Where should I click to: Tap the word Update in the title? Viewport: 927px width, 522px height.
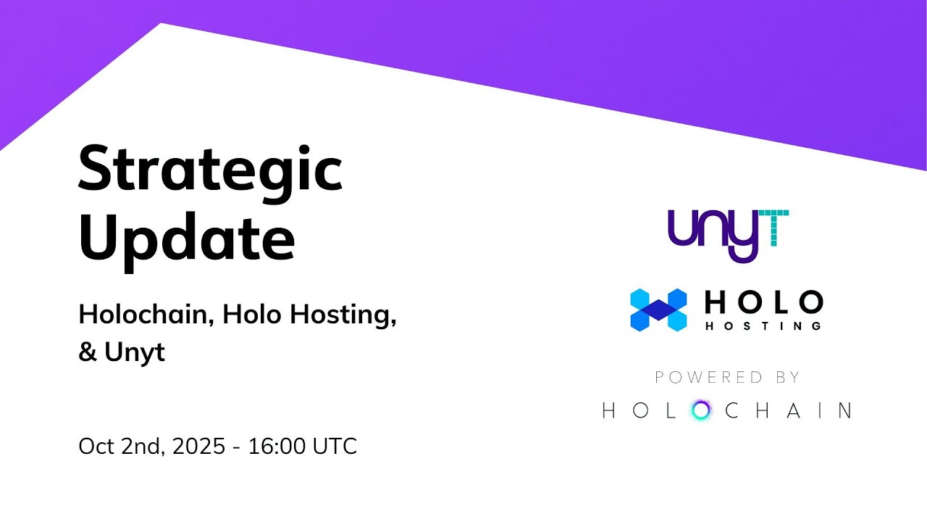[x=187, y=239]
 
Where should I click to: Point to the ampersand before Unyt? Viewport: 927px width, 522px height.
[x=87, y=352]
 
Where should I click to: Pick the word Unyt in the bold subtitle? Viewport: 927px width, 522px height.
[x=135, y=353]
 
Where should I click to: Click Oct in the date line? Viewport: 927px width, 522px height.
[x=96, y=446]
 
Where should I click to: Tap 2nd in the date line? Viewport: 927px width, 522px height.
[x=142, y=446]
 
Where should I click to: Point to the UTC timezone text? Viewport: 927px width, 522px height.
[x=335, y=446]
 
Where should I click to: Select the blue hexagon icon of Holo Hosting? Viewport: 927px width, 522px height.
[x=658, y=310]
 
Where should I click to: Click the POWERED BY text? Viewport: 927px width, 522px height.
[x=727, y=377]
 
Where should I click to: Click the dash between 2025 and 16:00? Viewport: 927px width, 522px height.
[x=238, y=447]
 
